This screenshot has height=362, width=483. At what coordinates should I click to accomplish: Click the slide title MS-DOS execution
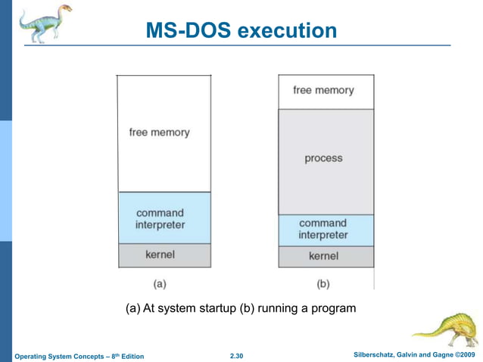tap(241, 31)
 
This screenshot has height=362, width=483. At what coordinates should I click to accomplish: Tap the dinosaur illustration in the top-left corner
tap(45, 23)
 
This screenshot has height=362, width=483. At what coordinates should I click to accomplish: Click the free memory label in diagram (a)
tap(159, 132)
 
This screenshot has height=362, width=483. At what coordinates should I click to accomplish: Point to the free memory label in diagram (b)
tap(323, 90)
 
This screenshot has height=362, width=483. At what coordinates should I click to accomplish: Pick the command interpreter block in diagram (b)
tap(323, 229)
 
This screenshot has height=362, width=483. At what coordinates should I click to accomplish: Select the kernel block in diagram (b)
tap(323, 257)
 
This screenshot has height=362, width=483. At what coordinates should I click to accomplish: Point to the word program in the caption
tap(333, 309)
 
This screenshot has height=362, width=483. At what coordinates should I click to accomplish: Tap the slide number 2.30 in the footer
tap(238, 356)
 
